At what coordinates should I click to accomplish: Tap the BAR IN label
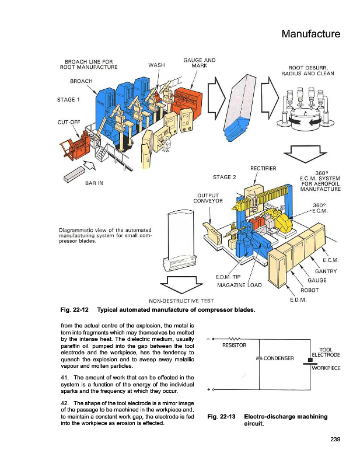coord(92,183)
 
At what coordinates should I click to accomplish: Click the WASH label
coord(156,64)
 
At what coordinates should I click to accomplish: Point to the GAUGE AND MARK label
coord(200,64)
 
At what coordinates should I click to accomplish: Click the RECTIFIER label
coord(263,169)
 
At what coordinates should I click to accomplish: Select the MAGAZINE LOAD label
coord(237,285)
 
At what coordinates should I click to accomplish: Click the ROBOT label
coord(309,290)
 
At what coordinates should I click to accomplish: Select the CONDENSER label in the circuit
coord(282,358)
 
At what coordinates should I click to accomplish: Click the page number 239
coord(334,440)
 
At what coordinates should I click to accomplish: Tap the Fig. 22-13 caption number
coord(221,417)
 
